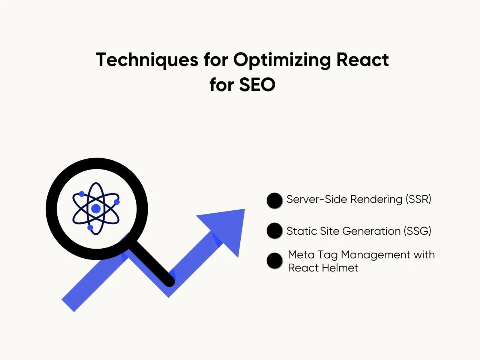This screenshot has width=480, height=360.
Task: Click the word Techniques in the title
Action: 147,60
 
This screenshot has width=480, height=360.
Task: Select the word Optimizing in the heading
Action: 282,60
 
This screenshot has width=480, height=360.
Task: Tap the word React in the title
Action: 363,60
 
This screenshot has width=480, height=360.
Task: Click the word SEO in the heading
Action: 257,84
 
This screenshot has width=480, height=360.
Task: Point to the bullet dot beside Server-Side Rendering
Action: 274,200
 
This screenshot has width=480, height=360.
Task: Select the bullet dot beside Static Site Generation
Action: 274,230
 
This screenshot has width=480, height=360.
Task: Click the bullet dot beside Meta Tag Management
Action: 274,261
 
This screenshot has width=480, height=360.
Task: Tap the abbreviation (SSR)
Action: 418,199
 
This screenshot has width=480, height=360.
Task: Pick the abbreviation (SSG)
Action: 417,231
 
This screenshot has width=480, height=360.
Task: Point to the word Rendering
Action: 376,199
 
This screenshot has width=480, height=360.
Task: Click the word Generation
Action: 371,231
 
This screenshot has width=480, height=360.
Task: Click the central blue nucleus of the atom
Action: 96,209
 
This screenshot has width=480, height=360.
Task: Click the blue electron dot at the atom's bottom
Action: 90,228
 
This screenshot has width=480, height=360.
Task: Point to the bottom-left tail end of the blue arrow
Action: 68,306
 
